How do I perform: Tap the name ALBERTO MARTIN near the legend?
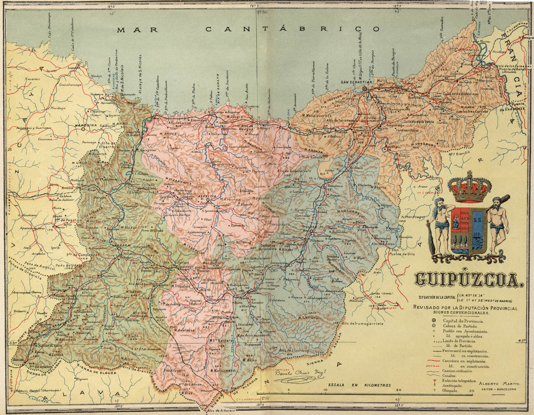(x=499, y=384)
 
